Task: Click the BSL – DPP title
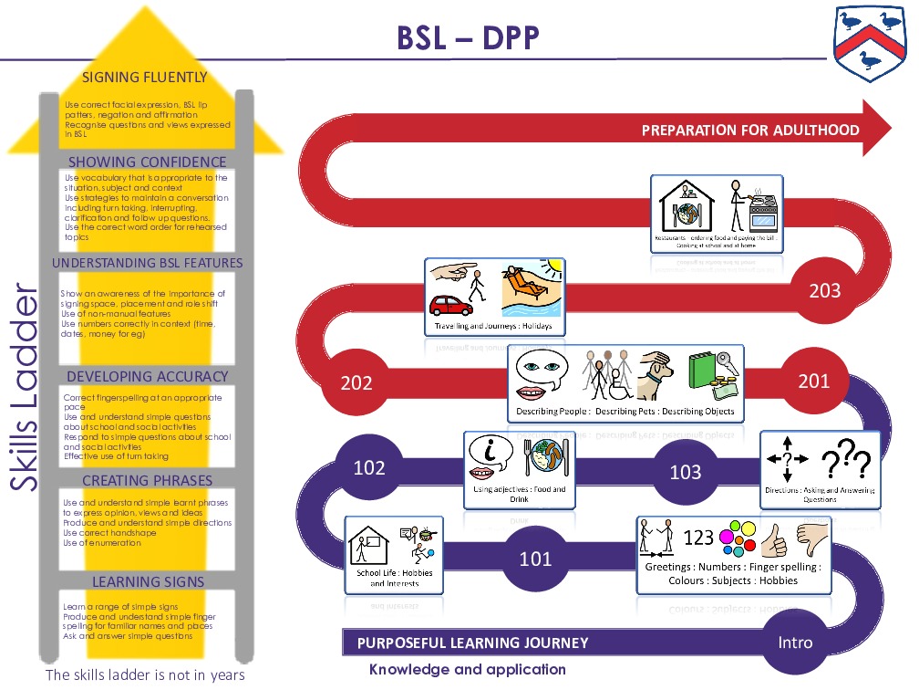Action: click(x=468, y=38)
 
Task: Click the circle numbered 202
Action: click(x=356, y=382)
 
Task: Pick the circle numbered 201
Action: click(x=814, y=381)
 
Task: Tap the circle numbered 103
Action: click(x=686, y=471)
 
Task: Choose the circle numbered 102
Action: click(x=369, y=468)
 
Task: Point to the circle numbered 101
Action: click(x=536, y=558)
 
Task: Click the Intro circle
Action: click(x=795, y=642)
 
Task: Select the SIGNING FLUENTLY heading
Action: click(x=145, y=78)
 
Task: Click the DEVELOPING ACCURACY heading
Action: click(x=148, y=376)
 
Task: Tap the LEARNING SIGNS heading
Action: click(x=148, y=581)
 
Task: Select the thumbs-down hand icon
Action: click(x=815, y=539)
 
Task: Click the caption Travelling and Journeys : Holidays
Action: click(x=493, y=326)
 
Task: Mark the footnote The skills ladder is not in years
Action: click(x=145, y=675)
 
